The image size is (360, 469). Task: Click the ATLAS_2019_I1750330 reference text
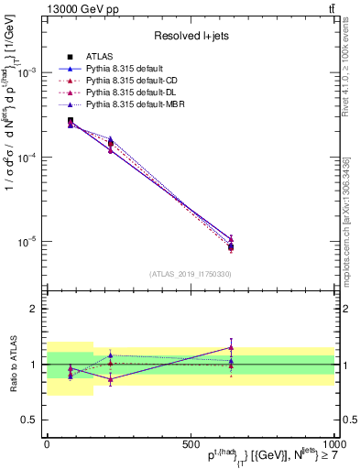[191, 274]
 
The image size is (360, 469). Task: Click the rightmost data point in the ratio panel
[231, 347]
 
